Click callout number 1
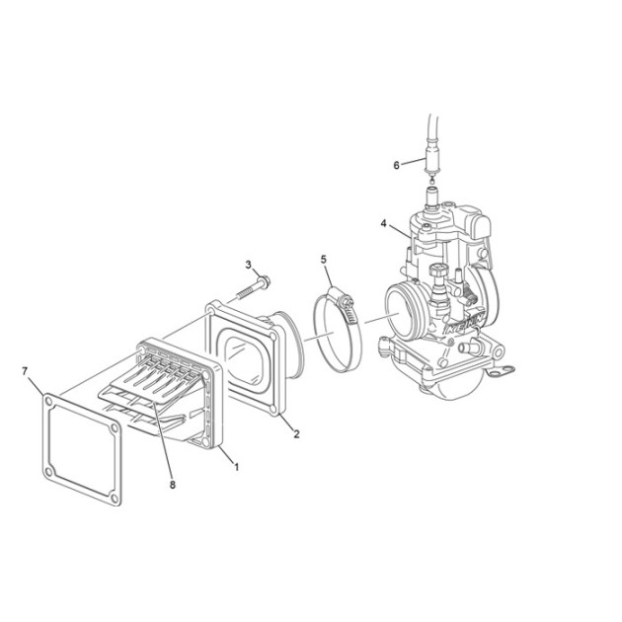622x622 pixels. pyautogui.click(x=236, y=467)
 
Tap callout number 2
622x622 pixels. pyautogui.click(x=296, y=434)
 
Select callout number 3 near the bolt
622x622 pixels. pyautogui.click(x=249, y=265)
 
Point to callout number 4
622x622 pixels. pyautogui.click(x=383, y=224)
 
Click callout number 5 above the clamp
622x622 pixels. pyautogui.click(x=324, y=260)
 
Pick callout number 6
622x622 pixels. pyautogui.click(x=396, y=165)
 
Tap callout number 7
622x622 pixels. pyautogui.click(x=25, y=371)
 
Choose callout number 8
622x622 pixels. pyautogui.click(x=172, y=485)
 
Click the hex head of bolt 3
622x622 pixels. pyautogui.click(x=264, y=282)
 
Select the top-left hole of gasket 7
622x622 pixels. pyautogui.click(x=48, y=402)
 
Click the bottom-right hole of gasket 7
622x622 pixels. pyautogui.click(x=115, y=498)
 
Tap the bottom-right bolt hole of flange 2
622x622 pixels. pyautogui.click(x=272, y=409)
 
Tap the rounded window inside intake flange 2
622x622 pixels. pyautogui.click(x=243, y=360)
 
